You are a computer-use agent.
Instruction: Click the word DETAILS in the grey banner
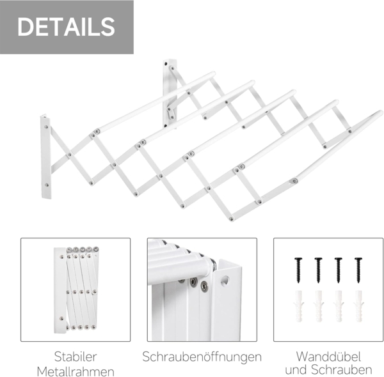pos(66,27)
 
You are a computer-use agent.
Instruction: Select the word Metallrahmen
pos(76,372)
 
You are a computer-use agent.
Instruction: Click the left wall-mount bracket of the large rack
pos(45,157)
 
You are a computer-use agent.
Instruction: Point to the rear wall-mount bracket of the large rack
pos(170,93)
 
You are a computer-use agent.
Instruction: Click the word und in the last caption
pos(296,371)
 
